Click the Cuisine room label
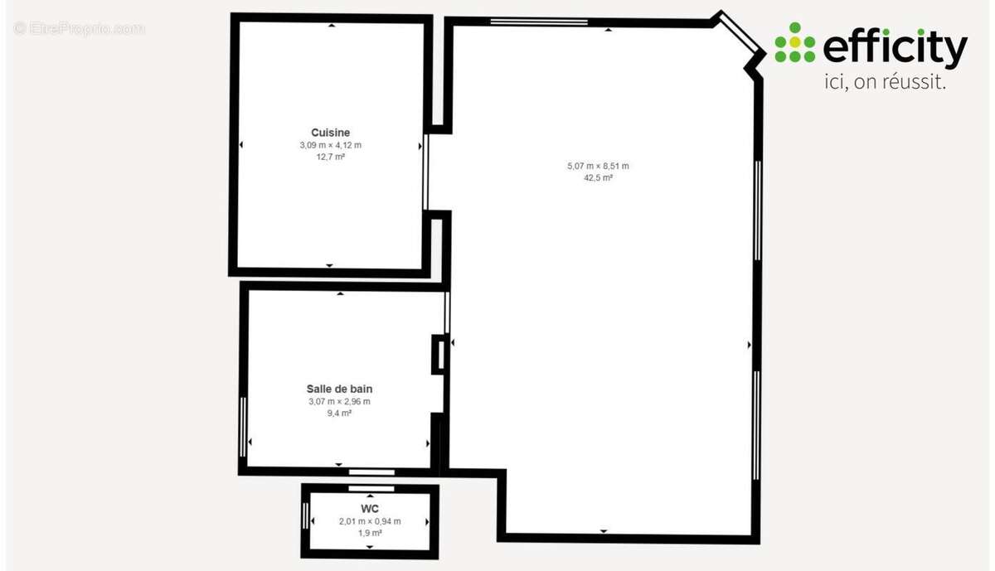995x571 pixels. [x=331, y=133]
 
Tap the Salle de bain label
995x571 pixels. [x=339, y=389]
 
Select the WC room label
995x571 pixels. [x=370, y=509]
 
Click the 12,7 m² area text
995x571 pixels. [x=331, y=157]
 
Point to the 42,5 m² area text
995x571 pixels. [x=598, y=177]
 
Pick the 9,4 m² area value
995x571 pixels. [x=339, y=414]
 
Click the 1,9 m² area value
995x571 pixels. [x=370, y=533]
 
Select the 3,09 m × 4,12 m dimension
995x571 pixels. [x=331, y=145]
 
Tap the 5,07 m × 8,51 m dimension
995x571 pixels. [x=598, y=166]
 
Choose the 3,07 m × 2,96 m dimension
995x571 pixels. [x=339, y=402]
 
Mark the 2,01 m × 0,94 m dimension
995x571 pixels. [x=370, y=521]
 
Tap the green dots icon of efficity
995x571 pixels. [x=795, y=42]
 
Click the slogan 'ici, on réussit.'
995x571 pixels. [x=886, y=82]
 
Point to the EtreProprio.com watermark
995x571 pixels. [x=79, y=28]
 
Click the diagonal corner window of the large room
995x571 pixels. [x=740, y=32]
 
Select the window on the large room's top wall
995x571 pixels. [x=539, y=22]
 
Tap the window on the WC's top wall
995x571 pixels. [x=371, y=488]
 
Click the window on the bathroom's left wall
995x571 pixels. [x=242, y=427]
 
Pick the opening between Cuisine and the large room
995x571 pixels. [x=425, y=172]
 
